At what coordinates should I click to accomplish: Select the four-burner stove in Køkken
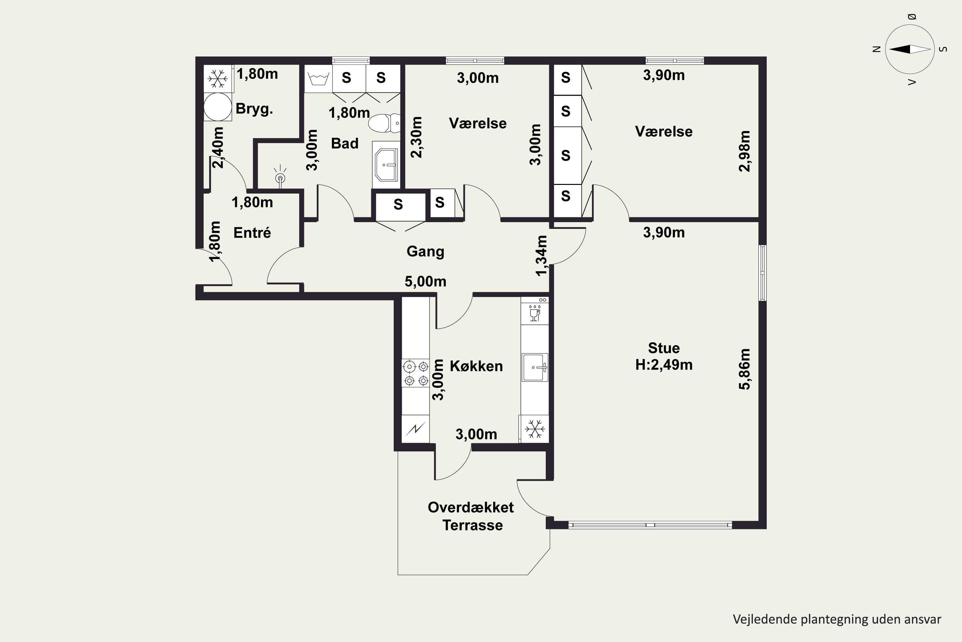tap(416, 373)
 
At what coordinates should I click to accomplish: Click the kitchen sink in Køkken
tap(535, 367)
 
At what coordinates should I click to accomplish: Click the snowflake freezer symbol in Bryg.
tap(218, 78)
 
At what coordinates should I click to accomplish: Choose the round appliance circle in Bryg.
tap(218, 107)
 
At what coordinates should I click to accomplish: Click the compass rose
tap(910, 49)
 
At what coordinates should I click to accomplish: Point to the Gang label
tap(426, 251)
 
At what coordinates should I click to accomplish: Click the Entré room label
tap(252, 232)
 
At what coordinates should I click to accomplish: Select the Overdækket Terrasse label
tap(471, 516)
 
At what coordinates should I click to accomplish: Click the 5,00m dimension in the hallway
tap(426, 281)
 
